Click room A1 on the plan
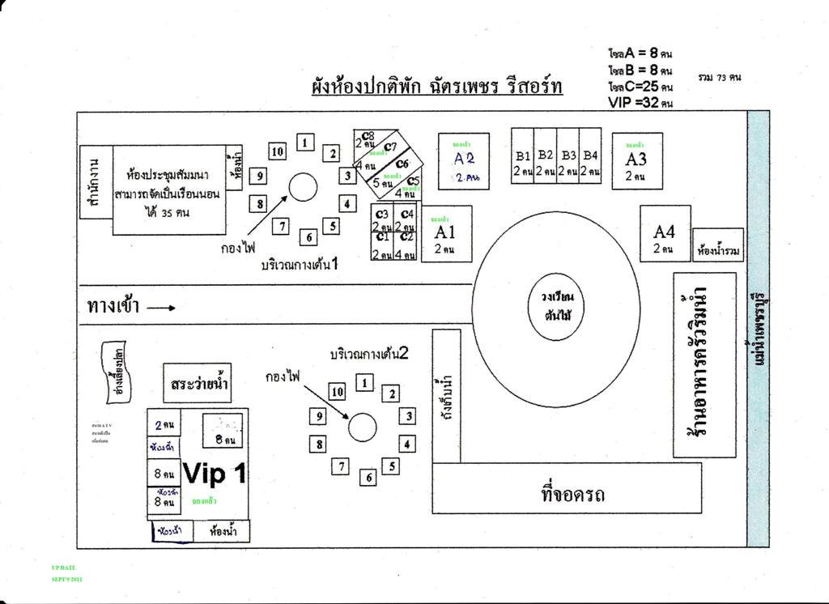(445, 235)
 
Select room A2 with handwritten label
(464, 161)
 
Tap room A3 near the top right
(636, 161)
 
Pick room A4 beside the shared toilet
(665, 234)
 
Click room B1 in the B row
(522, 155)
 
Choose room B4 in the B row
(590, 155)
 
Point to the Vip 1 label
(215, 474)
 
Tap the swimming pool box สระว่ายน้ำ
(197, 383)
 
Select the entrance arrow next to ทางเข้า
(161, 308)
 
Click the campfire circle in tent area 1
(303, 187)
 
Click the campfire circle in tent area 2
(362, 427)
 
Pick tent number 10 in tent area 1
(277, 151)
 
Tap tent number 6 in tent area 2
(369, 478)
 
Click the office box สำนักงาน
(96, 183)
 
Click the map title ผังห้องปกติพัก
(437, 86)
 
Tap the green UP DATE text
(63, 568)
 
